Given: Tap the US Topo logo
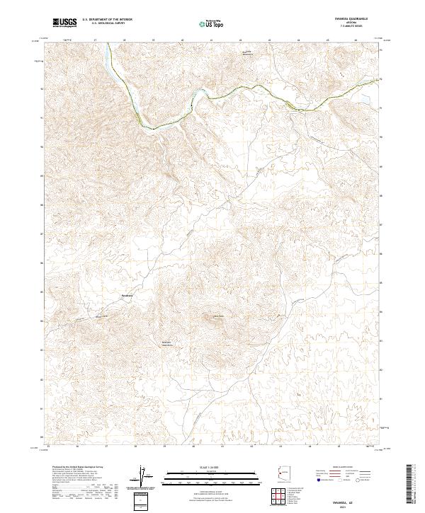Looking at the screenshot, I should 207,23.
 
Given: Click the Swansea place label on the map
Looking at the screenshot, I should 127,295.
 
